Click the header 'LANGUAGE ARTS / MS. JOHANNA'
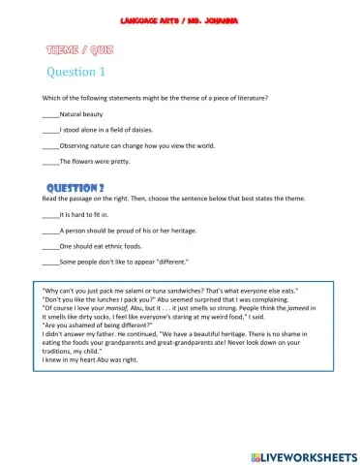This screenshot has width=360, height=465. point(180,20)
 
